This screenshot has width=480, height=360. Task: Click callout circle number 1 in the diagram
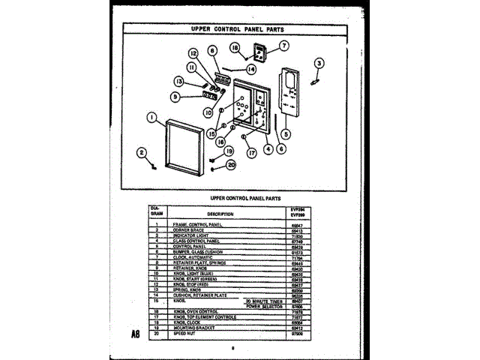point(152,117)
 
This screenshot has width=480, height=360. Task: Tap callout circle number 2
point(140,153)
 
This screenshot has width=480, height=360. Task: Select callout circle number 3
point(318,63)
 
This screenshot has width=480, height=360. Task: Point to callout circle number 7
point(284,45)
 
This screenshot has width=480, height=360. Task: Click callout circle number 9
point(175,97)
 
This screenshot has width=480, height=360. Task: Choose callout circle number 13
point(179,81)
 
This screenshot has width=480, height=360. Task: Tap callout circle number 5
point(285,134)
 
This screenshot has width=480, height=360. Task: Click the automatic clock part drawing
point(260,53)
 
